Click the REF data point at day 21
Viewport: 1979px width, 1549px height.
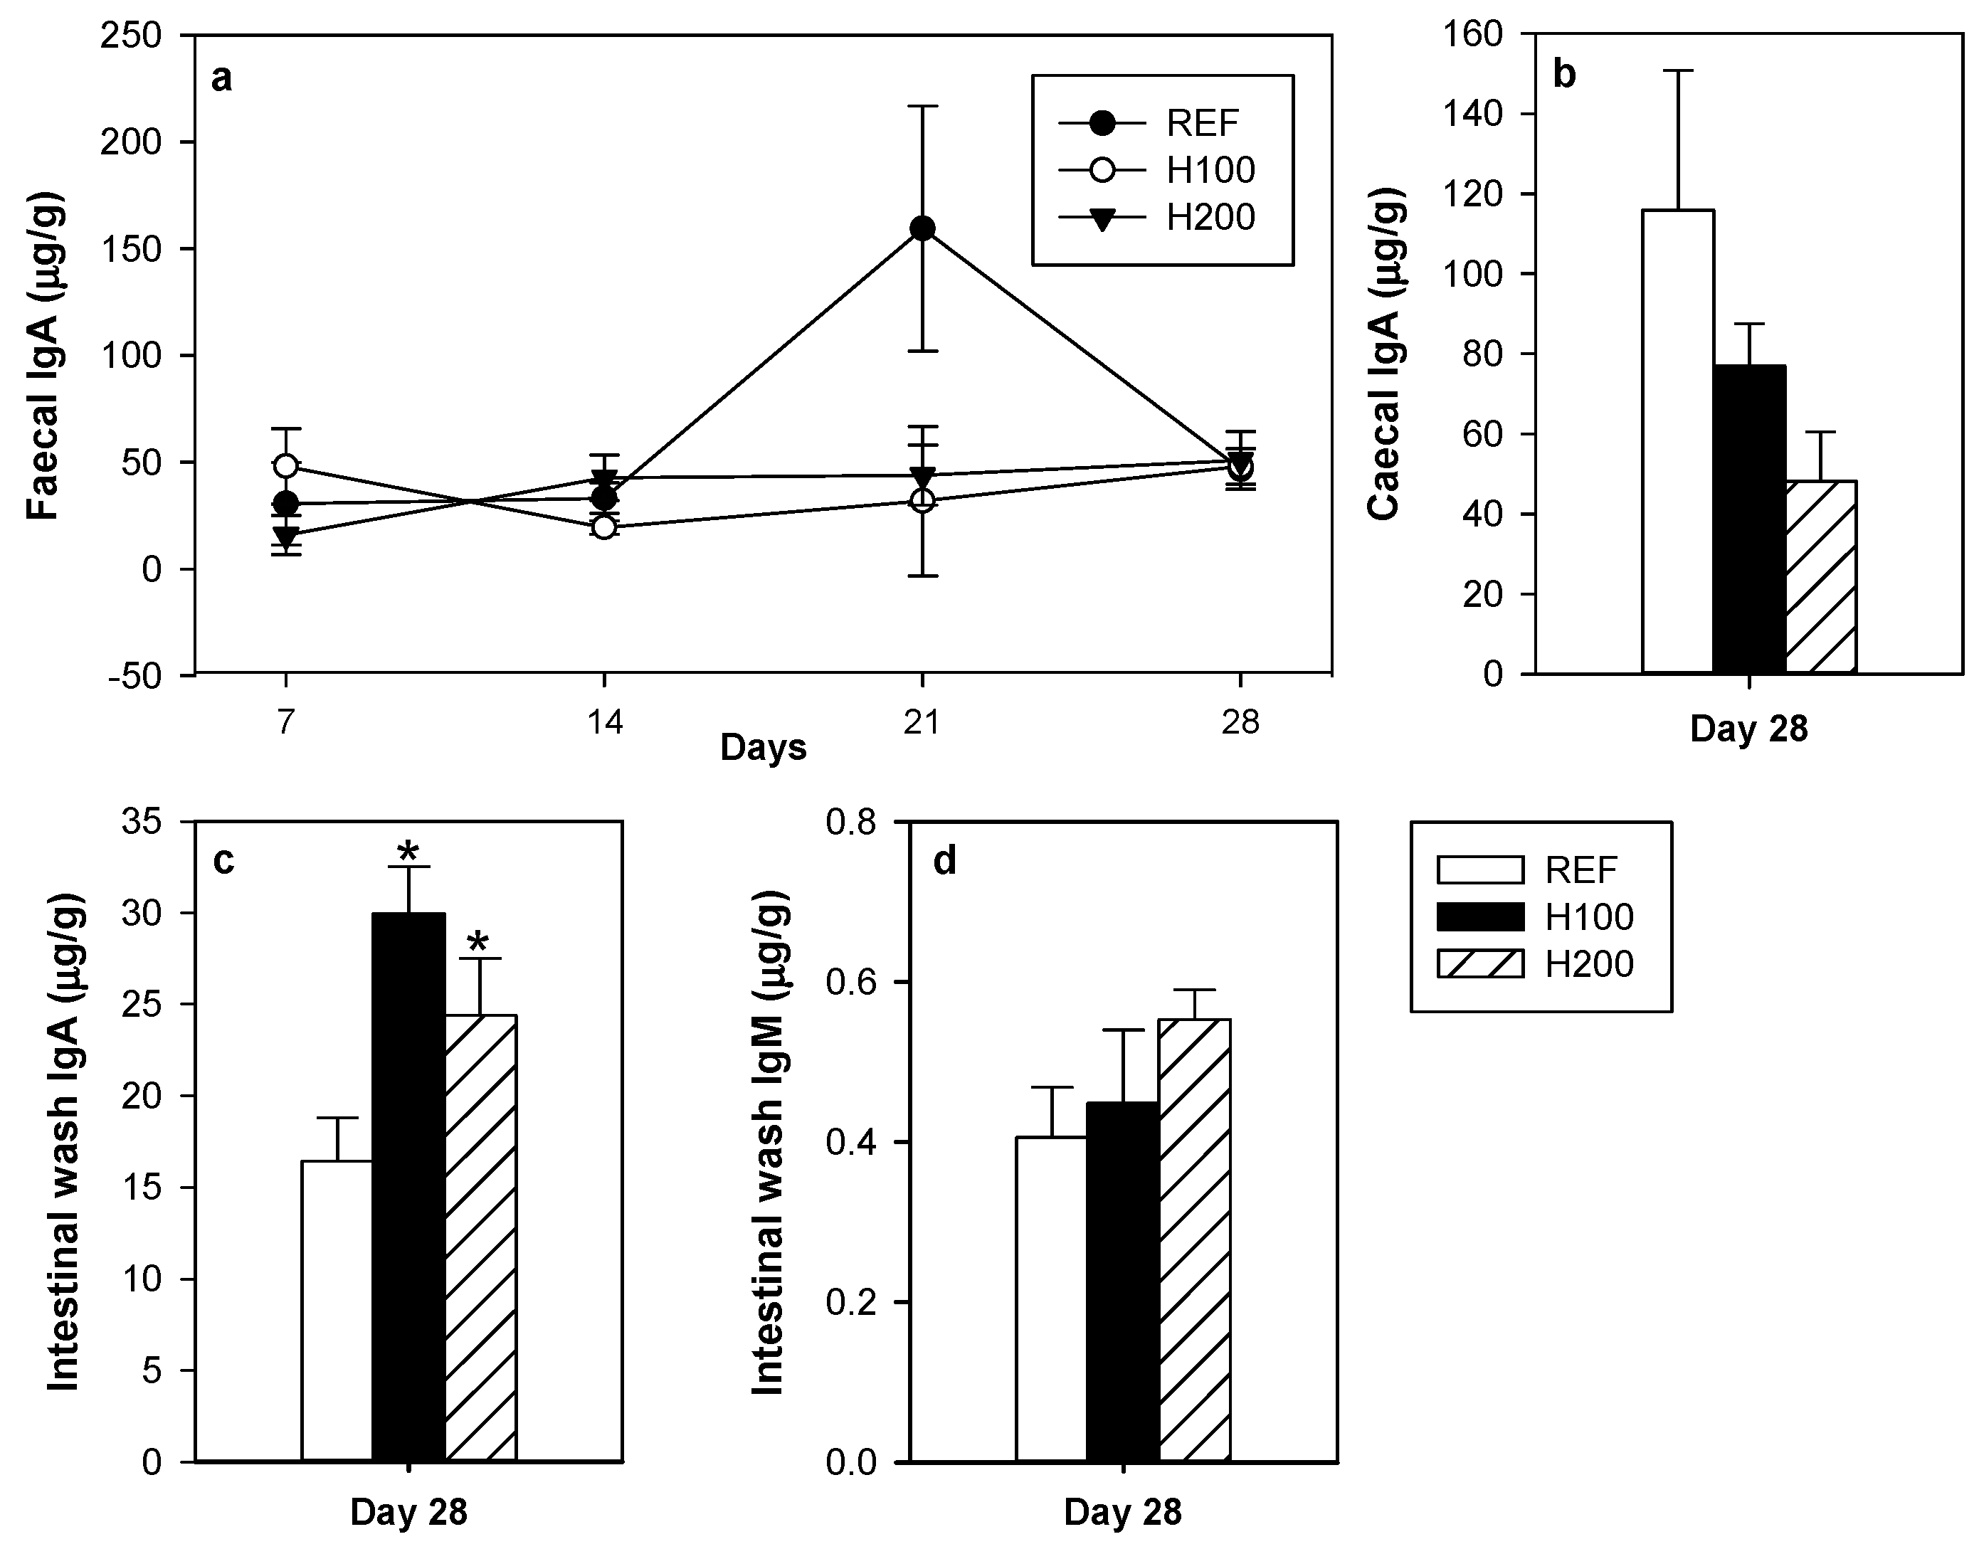(922, 228)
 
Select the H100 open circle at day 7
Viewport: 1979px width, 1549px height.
(287, 466)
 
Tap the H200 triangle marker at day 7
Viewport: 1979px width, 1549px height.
(287, 535)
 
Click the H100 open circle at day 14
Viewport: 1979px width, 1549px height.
(604, 527)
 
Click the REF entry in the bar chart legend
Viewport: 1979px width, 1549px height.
(1533, 869)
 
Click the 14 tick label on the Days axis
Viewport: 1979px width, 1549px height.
(604, 723)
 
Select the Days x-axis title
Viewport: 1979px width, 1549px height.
(763, 749)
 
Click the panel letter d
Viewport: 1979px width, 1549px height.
(945, 861)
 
